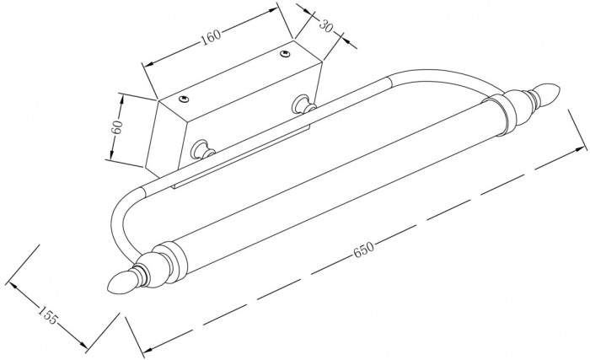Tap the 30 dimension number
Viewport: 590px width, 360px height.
(328, 25)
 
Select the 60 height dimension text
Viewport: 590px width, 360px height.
(118, 128)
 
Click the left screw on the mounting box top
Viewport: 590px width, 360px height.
(185, 98)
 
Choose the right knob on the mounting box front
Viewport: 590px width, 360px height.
(300, 105)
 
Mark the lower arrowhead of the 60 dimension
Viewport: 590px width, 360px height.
(110, 157)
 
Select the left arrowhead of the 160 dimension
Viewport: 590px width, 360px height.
(147, 65)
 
